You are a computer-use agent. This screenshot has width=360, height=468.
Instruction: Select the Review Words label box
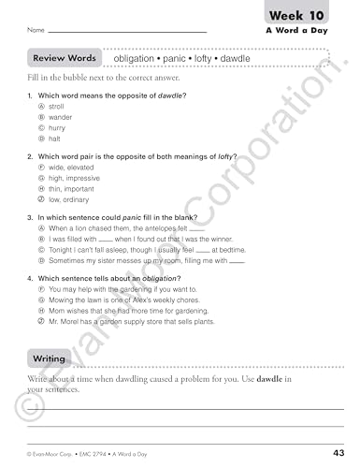coord(64,58)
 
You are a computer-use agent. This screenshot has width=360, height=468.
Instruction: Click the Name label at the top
coord(36,30)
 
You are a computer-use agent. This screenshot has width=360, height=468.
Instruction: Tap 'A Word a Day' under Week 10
coord(308,31)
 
